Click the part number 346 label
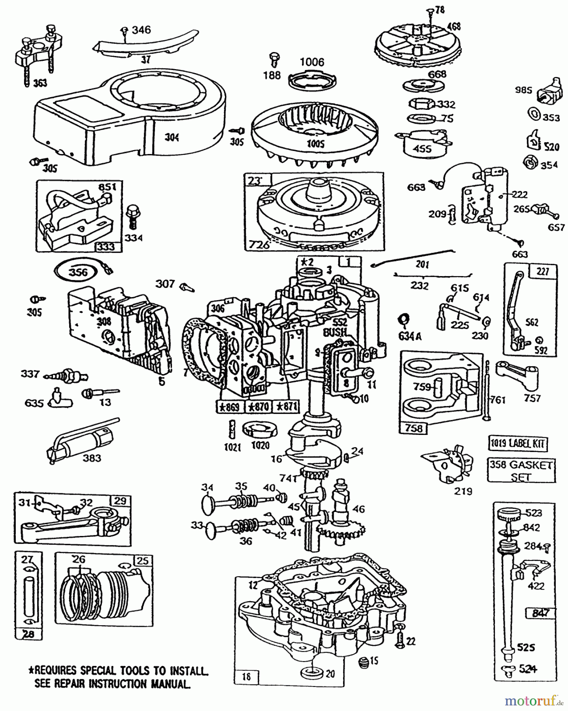tap(141, 30)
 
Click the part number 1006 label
tap(312, 62)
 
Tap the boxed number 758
tap(413, 428)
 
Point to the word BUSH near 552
tap(334, 333)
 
